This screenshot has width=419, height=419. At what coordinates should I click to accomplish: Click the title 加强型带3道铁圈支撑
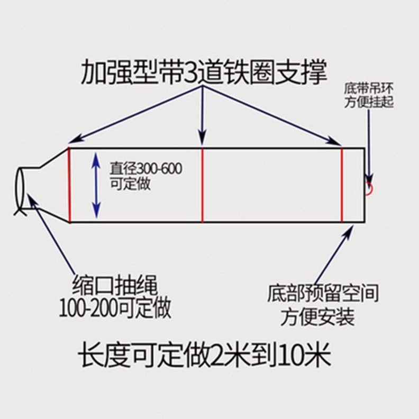204,72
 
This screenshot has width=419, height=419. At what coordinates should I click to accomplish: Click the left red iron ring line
69,185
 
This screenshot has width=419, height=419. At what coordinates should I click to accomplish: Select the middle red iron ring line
203,185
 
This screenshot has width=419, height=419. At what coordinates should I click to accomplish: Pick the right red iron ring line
342,185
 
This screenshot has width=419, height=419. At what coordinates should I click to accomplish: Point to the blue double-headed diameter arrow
96,185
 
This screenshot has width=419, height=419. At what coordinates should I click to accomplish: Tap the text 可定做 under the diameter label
130,184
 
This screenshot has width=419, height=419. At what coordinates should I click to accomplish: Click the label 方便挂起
369,102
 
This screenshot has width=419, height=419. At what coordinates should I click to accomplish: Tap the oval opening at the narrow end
21,188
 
